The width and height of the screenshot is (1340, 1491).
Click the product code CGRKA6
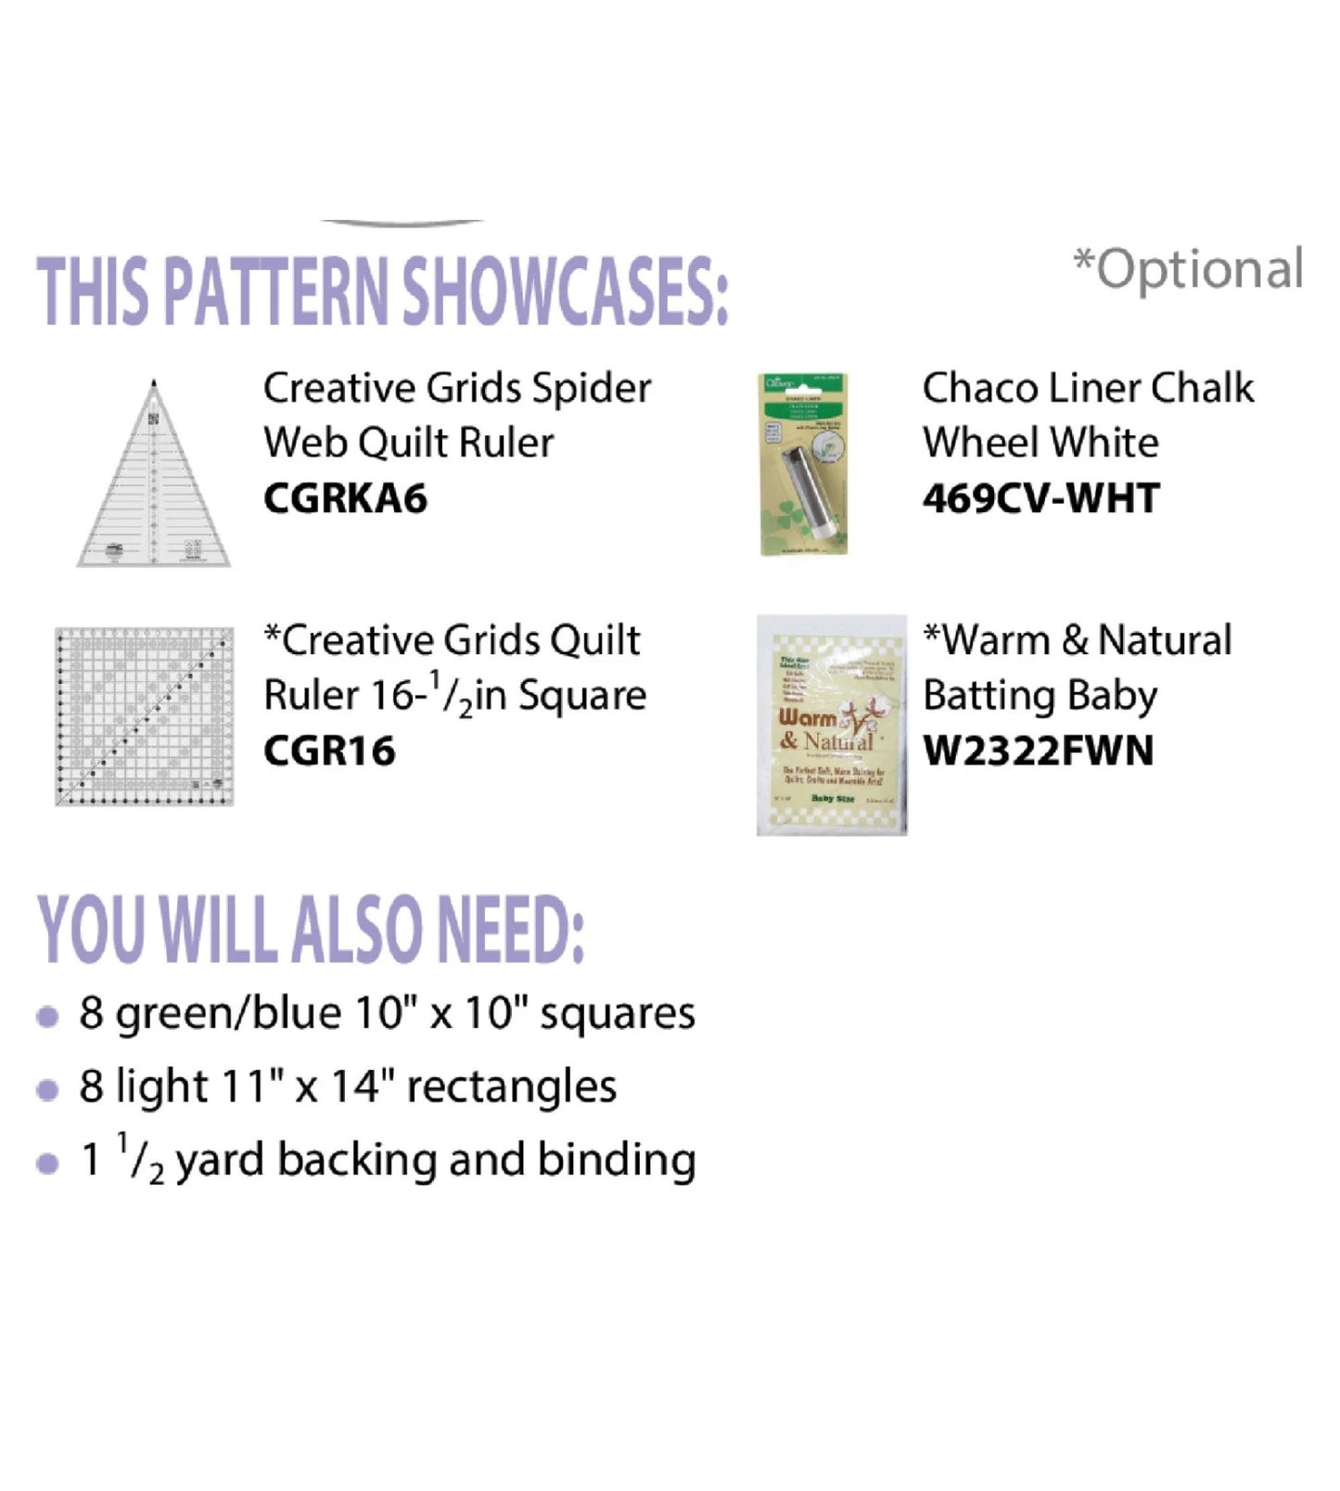[345, 499]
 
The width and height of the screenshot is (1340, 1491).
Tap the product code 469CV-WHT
[1040, 499]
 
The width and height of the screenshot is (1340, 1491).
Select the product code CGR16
[329, 751]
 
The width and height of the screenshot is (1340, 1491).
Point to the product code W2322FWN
[1039, 751]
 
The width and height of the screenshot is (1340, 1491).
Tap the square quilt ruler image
[144, 716]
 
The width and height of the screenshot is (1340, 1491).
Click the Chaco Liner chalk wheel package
[803, 464]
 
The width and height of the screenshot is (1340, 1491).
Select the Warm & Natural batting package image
[831, 725]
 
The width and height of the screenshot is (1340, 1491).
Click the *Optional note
[1188, 269]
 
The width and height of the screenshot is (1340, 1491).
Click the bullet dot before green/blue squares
[47, 1016]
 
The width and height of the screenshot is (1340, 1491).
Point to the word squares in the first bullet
[617, 1013]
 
